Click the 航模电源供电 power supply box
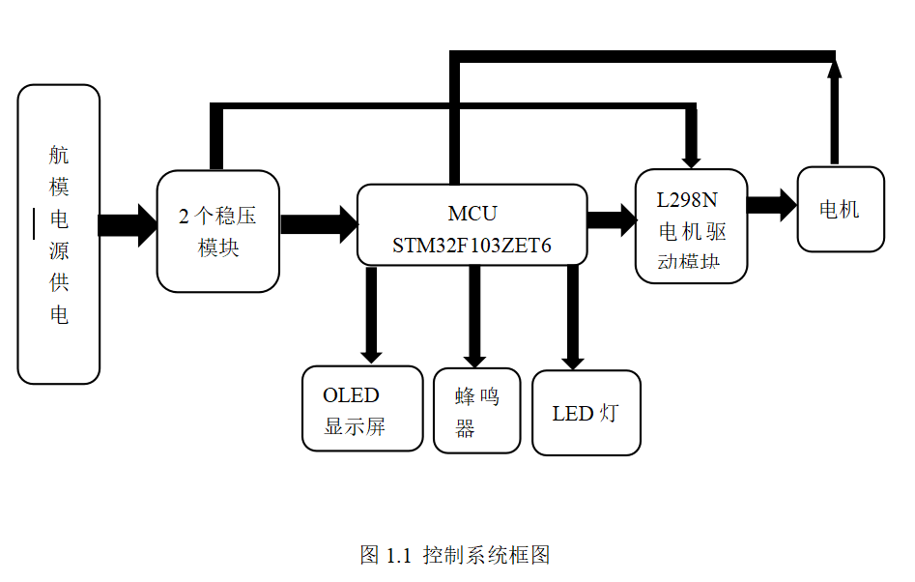[59, 234]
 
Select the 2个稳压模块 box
[218, 231]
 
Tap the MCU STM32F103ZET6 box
[472, 224]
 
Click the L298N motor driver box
[691, 226]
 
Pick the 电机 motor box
[840, 209]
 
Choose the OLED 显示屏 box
[362, 408]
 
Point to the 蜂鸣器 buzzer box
[477, 411]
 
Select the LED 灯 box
[586, 413]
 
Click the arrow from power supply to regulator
[128, 225]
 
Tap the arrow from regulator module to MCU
[318, 224]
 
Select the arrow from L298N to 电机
[771, 205]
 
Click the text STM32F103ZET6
[472, 246]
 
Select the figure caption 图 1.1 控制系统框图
[455, 555]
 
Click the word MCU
[472, 213]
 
